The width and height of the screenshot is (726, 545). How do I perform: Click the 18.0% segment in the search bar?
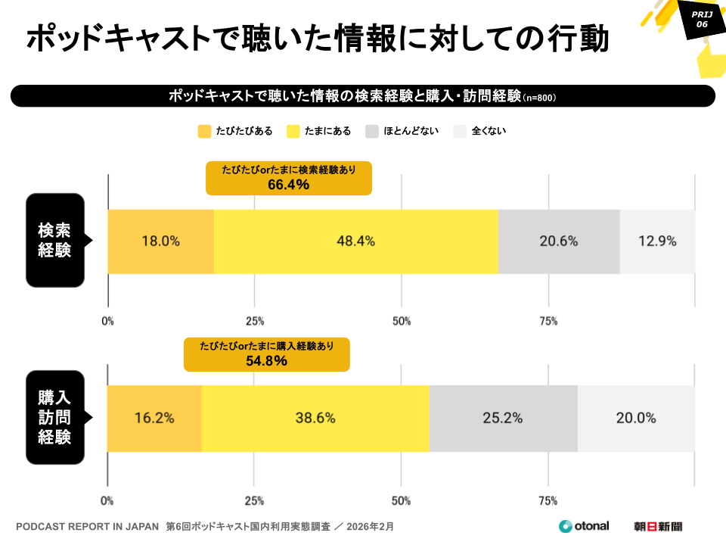click(x=161, y=241)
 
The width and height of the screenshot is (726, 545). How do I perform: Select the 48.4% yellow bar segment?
click(x=356, y=241)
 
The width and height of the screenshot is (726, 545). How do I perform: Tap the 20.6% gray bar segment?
click(x=559, y=241)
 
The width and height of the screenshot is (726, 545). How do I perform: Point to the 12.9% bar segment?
click(x=657, y=241)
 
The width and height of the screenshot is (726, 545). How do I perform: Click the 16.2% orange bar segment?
click(x=155, y=418)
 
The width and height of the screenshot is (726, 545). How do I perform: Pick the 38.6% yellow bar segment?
click(x=315, y=418)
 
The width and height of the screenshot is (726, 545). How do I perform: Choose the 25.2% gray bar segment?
click(x=503, y=418)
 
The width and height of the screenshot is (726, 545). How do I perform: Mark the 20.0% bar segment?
click(x=636, y=418)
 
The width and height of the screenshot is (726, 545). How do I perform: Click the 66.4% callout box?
click(x=289, y=178)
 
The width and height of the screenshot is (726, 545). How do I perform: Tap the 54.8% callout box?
click(x=266, y=354)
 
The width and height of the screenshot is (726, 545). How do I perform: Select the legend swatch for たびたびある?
click(x=204, y=131)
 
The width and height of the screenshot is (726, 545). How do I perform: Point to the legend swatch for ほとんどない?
click(x=372, y=131)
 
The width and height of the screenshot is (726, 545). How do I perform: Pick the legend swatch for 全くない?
click(x=460, y=131)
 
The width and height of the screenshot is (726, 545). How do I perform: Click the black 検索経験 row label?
click(x=55, y=241)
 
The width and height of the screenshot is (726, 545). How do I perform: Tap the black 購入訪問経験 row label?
click(x=55, y=417)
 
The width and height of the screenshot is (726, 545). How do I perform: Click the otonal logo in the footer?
click(x=583, y=526)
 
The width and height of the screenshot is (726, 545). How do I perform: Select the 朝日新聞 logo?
click(x=658, y=526)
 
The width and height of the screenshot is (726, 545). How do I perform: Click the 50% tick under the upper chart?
click(x=402, y=321)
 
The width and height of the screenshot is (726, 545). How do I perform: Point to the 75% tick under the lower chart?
click(x=548, y=500)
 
